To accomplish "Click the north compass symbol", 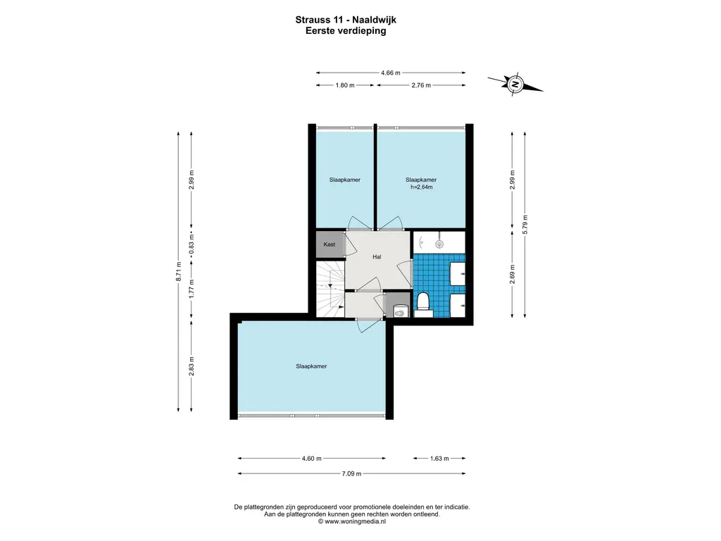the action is pyautogui.click(x=515, y=84).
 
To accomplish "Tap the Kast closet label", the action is pyautogui.click(x=330, y=244).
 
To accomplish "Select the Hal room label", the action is pyautogui.click(x=377, y=256).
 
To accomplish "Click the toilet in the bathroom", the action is pyautogui.click(x=423, y=304).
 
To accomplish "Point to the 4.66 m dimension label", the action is pyautogui.click(x=390, y=73).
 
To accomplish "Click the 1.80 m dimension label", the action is pyautogui.click(x=345, y=85).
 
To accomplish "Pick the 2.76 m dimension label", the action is pyautogui.click(x=421, y=85).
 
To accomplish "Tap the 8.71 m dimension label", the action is pyautogui.click(x=179, y=271).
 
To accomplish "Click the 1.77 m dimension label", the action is pyautogui.click(x=192, y=288).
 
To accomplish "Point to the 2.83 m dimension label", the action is pyautogui.click(x=192, y=366).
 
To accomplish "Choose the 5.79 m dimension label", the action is pyautogui.click(x=525, y=225).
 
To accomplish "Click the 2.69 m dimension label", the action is pyautogui.click(x=513, y=274).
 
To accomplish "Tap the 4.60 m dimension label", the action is pyautogui.click(x=311, y=458).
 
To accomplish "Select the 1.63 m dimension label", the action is pyautogui.click(x=439, y=458).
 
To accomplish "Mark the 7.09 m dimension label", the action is pyautogui.click(x=351, y=473).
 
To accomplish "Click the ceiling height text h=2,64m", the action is pyautogui.click(x=421, y=187).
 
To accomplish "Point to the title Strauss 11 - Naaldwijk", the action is pyautogui.click(x=346, y=20).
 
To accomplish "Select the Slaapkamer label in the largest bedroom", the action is pyautogui.click(x=311, y=366).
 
